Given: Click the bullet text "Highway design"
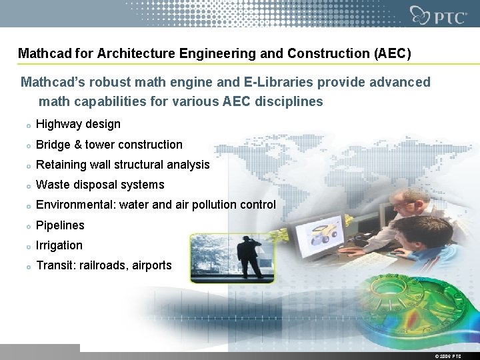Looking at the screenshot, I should (78, 124).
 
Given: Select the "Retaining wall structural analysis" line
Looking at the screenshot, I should (123, 165).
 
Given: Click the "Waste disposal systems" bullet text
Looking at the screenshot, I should (100, 185).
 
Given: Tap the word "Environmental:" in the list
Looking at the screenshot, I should (76, 205).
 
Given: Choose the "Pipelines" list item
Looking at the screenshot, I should (60, 225).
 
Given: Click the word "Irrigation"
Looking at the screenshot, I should (59, 245).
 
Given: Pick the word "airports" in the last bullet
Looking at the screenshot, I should (151, 265).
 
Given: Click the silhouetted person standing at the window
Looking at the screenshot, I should (251, 257).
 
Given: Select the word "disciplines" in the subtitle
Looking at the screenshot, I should (291, 102).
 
